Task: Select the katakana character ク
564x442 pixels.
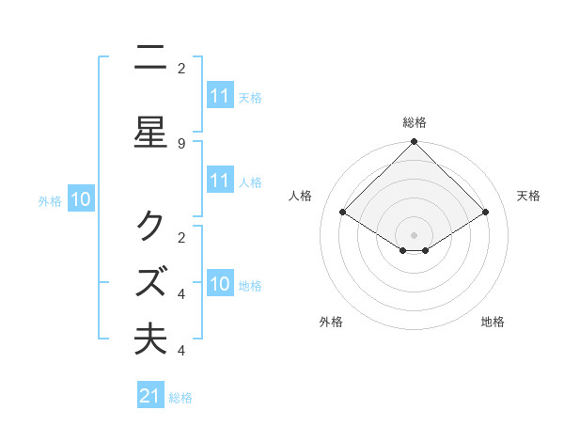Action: (150, 227)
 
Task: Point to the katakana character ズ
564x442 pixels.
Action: (150, 281)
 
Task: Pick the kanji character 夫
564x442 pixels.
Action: (150, 338)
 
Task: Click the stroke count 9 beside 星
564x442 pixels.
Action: (181, 143)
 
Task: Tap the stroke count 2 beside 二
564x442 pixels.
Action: (181, 68)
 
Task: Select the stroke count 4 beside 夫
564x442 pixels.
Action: (181, 351)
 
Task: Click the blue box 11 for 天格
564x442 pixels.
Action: (220, 95)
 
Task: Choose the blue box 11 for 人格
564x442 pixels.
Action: (220, 181)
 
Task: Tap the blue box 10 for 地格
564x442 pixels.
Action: (220, 283)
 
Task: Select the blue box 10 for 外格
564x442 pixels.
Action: (81, 198)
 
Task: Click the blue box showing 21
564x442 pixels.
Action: (150, 396)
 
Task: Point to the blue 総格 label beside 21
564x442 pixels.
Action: (180, 398)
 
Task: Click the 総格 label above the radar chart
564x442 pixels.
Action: (415, 122)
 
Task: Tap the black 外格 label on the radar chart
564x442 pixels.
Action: (331, 322)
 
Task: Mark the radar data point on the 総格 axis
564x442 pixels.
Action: (415, 142)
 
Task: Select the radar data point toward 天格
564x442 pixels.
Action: (485, 213)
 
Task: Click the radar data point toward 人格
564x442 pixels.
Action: (343, 213)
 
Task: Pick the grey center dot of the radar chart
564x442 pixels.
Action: (415, 235)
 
